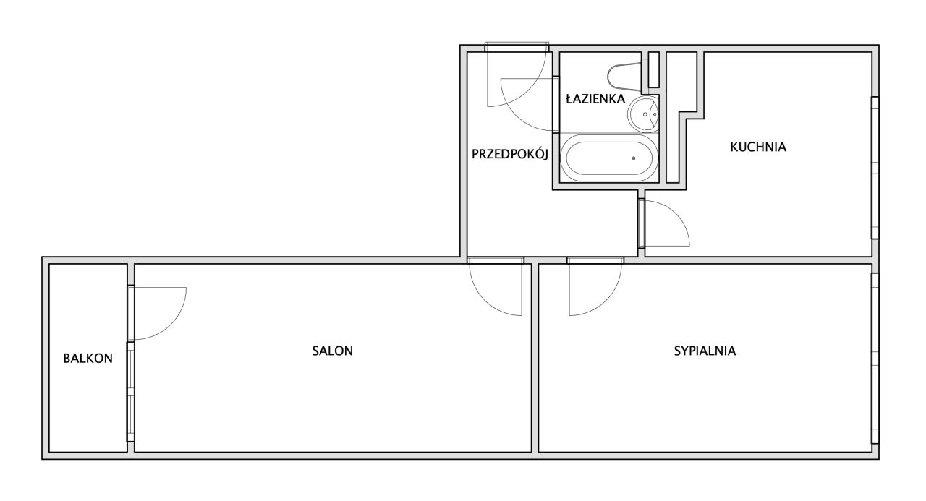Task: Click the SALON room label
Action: coord(332,351)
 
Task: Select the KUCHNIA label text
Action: coord(757,147)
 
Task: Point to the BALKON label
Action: coord(88,358)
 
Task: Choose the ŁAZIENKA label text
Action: coord(595,100)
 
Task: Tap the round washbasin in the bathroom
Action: coord(643,113)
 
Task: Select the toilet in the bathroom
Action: coord(624,76)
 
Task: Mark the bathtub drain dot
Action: coord(634,157)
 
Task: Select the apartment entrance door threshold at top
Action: coord(514,47)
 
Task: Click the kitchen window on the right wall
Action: coord(875,168)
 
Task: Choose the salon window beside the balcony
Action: coord(131,391)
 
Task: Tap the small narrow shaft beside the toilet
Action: coord(653,69)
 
